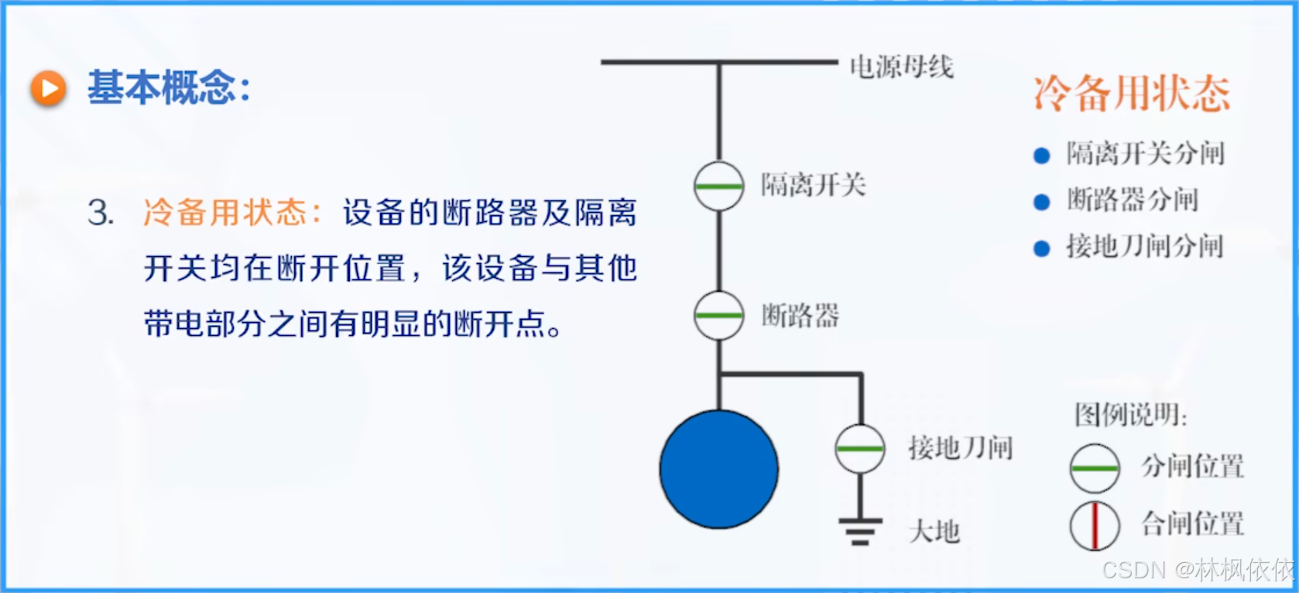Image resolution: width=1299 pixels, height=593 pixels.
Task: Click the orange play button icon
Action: [49, 88]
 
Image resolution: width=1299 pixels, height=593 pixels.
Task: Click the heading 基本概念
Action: [168, 87]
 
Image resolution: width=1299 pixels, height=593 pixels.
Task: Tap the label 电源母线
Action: [901, 67]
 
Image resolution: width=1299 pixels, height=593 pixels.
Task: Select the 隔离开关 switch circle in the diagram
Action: [718, 186]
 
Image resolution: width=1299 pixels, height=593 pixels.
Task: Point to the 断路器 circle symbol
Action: [718, 315]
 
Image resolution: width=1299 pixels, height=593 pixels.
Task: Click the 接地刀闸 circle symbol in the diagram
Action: [859, 448]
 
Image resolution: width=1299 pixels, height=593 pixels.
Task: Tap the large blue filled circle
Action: [718, 469]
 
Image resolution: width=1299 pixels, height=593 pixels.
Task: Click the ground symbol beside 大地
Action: [859, 530]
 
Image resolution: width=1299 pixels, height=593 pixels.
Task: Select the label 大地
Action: [934, 532]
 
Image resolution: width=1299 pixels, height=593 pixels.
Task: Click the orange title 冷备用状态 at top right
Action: [1131, 94]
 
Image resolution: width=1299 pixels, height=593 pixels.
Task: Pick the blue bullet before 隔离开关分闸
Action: [1041, 156]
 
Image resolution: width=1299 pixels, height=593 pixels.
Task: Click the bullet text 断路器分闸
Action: [1132, 201]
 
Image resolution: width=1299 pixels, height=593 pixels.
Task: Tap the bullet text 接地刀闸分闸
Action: [1144, 247]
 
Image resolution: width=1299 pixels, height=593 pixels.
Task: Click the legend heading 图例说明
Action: [1130, 416]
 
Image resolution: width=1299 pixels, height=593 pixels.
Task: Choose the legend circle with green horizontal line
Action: [1094, 468]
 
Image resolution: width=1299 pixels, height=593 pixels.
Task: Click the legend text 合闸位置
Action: [1192, 524]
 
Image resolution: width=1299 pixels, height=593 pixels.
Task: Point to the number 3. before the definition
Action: [101, 213]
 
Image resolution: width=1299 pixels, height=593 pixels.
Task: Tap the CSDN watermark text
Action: [1198, 571]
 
